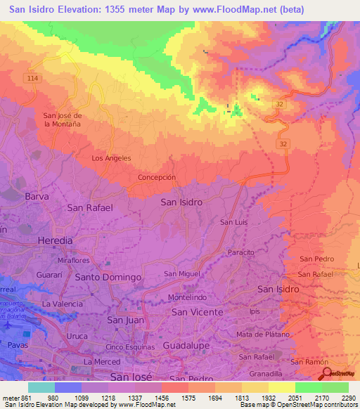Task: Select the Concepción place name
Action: [157, 178]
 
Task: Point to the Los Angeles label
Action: [111, 158]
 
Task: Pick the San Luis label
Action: [234, 222]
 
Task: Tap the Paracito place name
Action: [240, 252]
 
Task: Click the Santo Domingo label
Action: [108, 277]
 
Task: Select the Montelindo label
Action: [186, 298]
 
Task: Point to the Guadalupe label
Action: [187, 346]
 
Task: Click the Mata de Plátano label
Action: [263, 335]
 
